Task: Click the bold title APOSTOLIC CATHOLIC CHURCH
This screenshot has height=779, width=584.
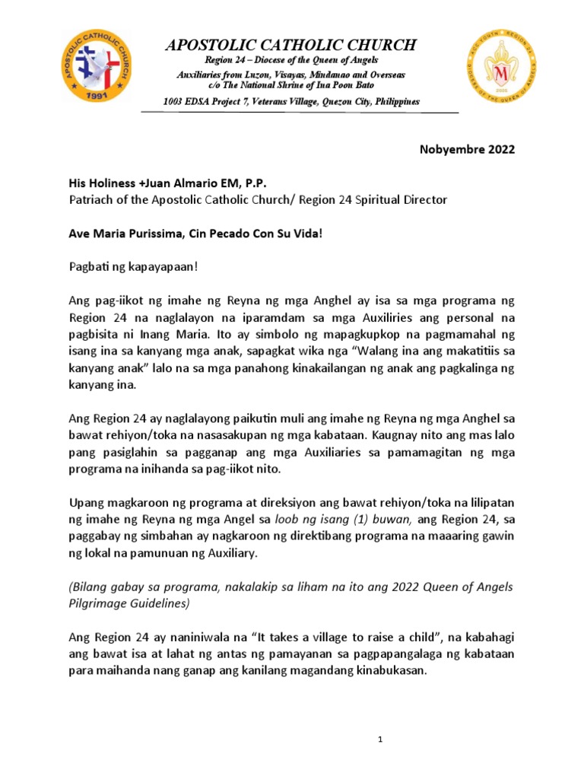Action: click(x=291, y=46)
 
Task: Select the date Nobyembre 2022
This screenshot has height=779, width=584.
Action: click(x=467, y=149)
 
